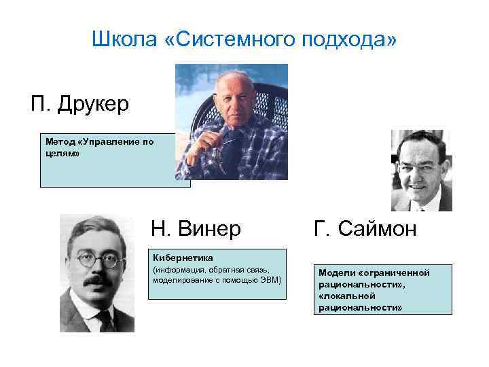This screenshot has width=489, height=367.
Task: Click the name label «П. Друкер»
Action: click(x=79, y=104)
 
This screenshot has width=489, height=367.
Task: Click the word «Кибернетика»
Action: click(x=183, y=258)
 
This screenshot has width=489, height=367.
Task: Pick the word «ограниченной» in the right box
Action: click(x=400, y=273)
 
